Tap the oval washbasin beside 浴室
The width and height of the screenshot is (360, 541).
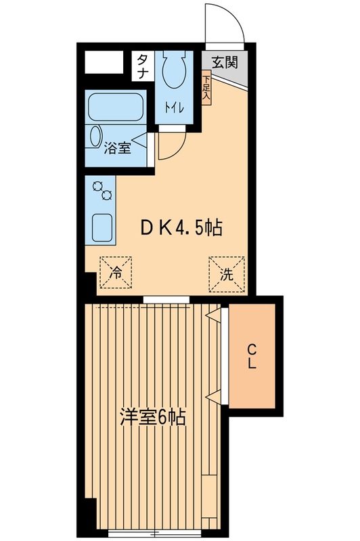tap(95, 137)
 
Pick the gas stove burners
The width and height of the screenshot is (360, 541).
tap(102, 190)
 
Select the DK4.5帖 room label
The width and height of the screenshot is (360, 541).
tap(181, 229)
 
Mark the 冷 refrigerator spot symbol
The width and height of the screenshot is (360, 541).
tap(116, 273)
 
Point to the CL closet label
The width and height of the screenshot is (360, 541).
tap(251, 356)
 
